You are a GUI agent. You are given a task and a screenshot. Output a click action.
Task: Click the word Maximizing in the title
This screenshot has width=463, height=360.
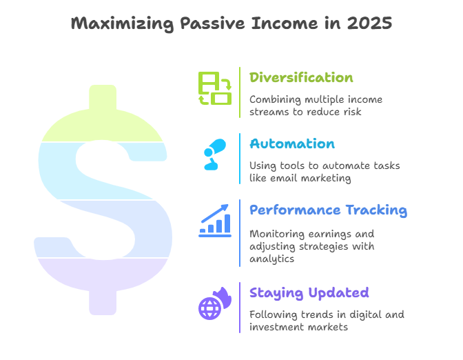tap(122, 23)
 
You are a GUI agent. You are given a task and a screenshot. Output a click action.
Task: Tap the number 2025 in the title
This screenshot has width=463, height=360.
tap(369, 23)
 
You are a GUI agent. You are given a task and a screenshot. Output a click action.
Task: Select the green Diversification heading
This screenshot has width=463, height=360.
tap(301, 77)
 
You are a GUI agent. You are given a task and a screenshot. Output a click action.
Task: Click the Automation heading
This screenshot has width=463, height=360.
tap(292, 143)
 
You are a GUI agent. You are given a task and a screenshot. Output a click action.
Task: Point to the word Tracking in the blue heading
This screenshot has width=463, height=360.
tap(376, 210)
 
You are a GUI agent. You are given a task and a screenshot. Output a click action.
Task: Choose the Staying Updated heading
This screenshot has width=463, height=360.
tap(309, 293)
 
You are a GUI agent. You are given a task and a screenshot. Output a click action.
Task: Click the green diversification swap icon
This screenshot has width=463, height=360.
tap(215, 88)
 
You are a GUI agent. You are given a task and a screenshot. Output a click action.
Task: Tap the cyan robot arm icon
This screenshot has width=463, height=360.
tap(215, 154)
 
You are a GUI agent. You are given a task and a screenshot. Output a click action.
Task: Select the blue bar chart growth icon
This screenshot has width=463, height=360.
tap(215, 221)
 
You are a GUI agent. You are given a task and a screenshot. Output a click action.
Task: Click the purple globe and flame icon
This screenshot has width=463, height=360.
tap(215, 303)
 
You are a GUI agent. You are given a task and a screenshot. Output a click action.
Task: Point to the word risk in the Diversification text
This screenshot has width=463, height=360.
tap(352, 112)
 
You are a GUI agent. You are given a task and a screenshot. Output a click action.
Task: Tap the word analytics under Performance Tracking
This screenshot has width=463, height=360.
tap(271, 259)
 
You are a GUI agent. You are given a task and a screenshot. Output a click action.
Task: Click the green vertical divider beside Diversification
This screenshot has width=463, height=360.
tap(240, 92)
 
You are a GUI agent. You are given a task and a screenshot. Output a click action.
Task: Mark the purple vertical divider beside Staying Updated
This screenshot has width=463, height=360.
tap(240, 308)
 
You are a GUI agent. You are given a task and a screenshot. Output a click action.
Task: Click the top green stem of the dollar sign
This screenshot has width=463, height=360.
tap(103, 97)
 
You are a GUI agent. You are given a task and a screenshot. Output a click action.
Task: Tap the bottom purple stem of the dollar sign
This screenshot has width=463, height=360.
tap(103, 302)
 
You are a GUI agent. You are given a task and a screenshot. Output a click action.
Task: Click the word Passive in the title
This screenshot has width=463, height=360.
tap(213, 23)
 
